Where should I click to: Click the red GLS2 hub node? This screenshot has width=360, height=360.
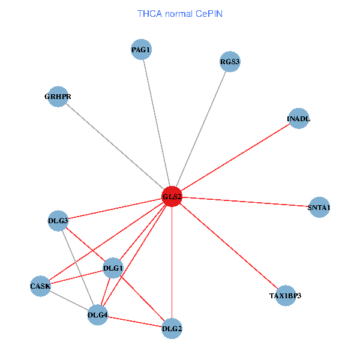click(172, 197)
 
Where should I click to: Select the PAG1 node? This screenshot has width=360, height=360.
click(142, 49)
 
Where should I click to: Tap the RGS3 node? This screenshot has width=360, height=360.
click(230, 61)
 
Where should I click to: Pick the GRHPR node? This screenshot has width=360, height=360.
click(58, 97)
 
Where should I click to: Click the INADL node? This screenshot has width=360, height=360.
click(299, 119)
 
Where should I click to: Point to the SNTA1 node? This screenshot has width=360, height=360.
click(319, 208)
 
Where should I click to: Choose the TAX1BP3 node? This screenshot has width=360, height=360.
click(286, 296)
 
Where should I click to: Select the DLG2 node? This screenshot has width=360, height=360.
click(172, 328)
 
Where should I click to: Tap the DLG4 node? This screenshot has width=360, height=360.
click(98, 314)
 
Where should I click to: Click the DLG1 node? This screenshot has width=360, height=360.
click(113, 268)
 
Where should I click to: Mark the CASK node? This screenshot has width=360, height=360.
click(40, 286)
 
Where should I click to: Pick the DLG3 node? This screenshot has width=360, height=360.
click(58, 221)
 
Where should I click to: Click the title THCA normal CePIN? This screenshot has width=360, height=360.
click(180, 13)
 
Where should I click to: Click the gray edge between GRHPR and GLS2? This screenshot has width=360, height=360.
click(114, 146)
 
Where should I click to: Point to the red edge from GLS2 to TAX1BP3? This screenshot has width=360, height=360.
click(228, 246)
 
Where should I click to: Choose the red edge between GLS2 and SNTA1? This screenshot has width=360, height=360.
click(246, 202)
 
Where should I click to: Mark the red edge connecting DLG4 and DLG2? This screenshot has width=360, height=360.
click(134, 321)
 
